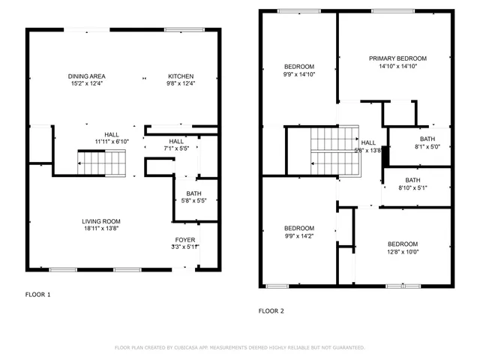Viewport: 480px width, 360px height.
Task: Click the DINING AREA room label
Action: coord(86,76)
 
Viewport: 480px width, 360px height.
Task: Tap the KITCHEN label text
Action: coord(180,76)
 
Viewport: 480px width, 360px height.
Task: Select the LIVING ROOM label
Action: coord(101,221)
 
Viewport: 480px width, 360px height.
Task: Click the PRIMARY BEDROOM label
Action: coord(397,58)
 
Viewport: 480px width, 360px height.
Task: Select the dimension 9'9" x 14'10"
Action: coord(298,74)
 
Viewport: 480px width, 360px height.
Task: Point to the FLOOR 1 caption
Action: coord(38,295)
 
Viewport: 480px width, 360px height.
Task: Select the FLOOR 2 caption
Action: coord(271,310)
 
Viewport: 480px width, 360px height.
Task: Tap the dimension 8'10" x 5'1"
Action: coord(412,187)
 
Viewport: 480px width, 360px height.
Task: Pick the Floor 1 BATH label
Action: coord(184,193)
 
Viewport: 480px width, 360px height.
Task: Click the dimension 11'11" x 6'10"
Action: coord(112,141)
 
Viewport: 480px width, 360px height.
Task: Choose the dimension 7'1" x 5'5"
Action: coord(176,148)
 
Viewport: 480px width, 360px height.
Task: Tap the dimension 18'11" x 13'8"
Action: coord(101,229)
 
